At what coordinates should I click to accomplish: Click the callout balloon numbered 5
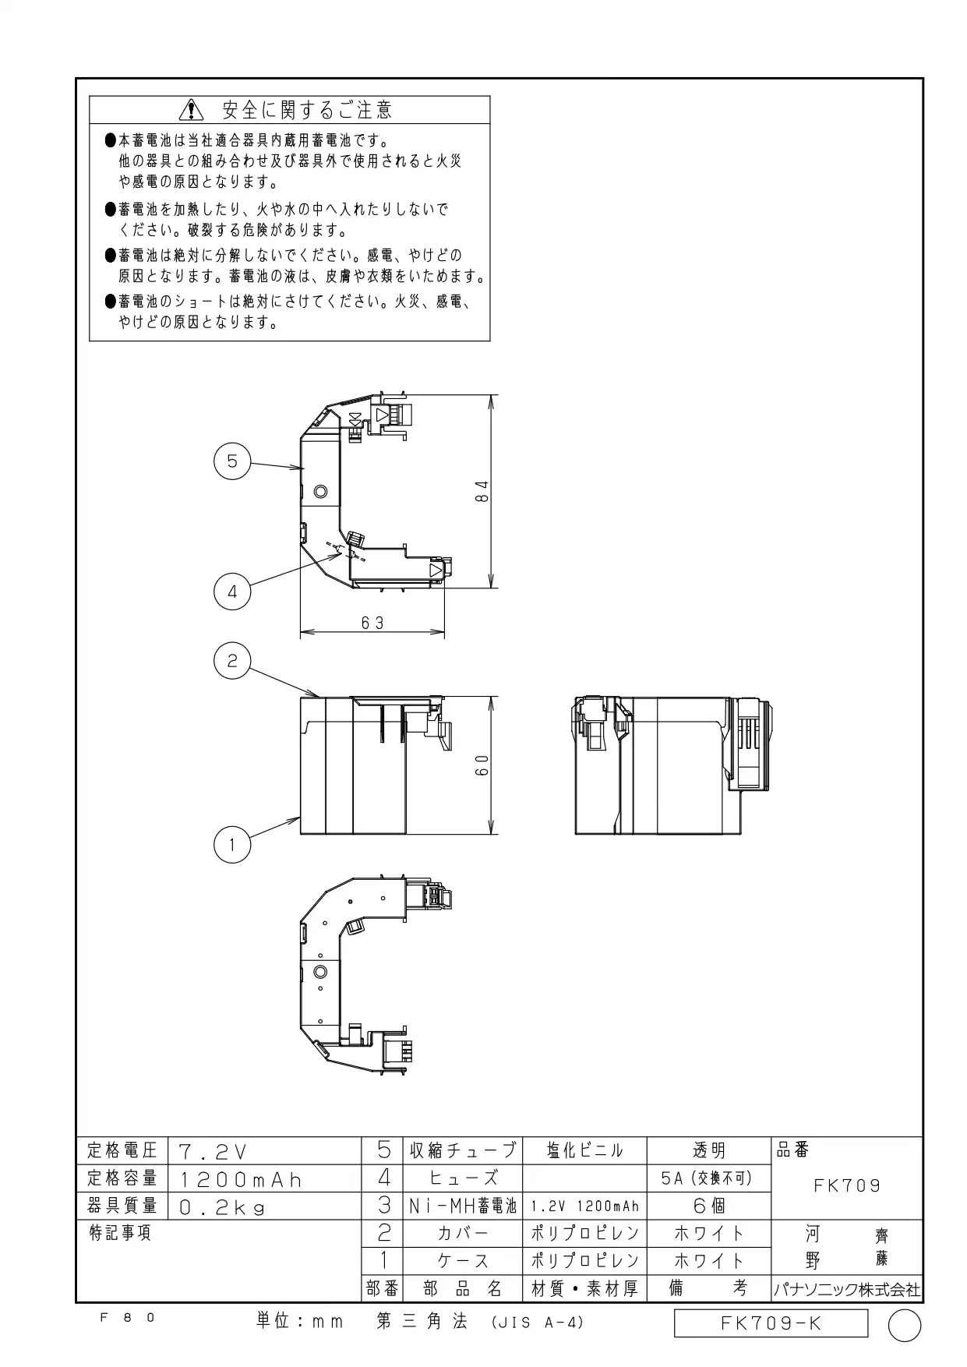[232, 461]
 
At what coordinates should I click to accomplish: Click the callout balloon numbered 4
[232, 592]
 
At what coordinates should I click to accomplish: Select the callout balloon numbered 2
[232, 662]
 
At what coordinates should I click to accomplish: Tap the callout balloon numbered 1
[232, 845]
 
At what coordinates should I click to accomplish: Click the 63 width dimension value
[373, 623]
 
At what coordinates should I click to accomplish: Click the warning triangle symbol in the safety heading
[190, 110]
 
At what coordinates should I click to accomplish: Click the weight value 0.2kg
[222, 1207]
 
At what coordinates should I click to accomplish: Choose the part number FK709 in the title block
[847, 1185]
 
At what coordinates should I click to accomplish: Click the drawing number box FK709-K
[771, 1323]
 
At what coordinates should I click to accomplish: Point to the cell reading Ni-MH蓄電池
[463, 1206]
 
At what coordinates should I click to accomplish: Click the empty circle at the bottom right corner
[905, 1326]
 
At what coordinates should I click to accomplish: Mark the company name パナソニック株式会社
[847, 1290]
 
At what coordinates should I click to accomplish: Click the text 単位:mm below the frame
[300, 1321]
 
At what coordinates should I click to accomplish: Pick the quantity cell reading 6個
[709, 1206]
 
